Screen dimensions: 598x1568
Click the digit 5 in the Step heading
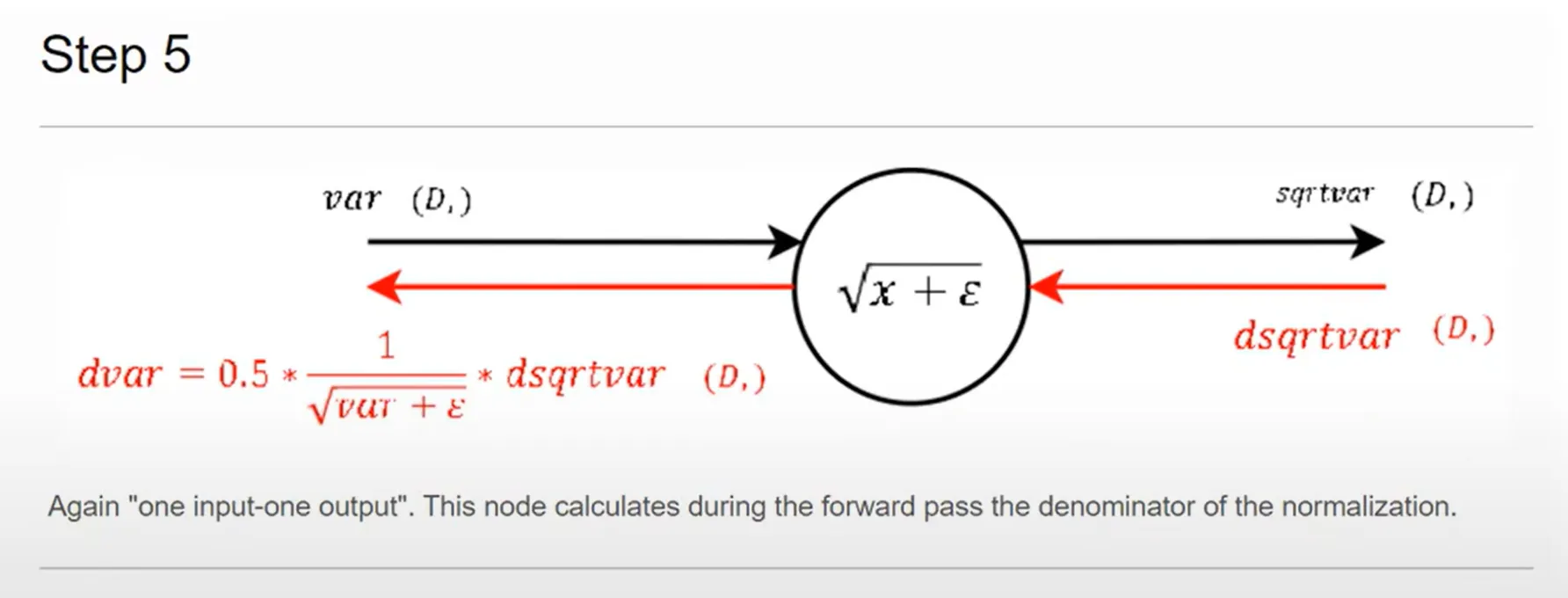(x=176, y=55)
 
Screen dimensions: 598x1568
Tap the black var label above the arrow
(x=352, y=200)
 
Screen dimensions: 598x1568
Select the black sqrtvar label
(x=1324, y=193)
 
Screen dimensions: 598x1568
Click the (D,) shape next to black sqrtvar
(x=1442, y=195)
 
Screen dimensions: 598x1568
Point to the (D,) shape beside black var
(x=441, y=201)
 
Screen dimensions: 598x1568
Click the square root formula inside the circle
(x=911, y=288)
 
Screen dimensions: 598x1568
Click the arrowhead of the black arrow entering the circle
(x=785, y=241)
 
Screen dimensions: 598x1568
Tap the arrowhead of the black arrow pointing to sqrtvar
(x=1368, y=241)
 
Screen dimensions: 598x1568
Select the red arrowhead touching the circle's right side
(x=1046, y=287)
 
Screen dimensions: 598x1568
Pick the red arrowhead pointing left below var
(x=384, y=287)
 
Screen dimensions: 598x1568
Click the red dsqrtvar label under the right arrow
(x=1316, y=337)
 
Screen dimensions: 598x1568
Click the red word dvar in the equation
(x=120, y=375)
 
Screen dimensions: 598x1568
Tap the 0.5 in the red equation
(x=243, y=375)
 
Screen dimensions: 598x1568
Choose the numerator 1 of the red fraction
(x=386, y=346)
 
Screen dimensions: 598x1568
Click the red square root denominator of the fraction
(x=388, y=406)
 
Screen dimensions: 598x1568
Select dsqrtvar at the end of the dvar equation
(x=584, y=376)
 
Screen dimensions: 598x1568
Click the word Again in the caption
(x=83, y=507)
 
